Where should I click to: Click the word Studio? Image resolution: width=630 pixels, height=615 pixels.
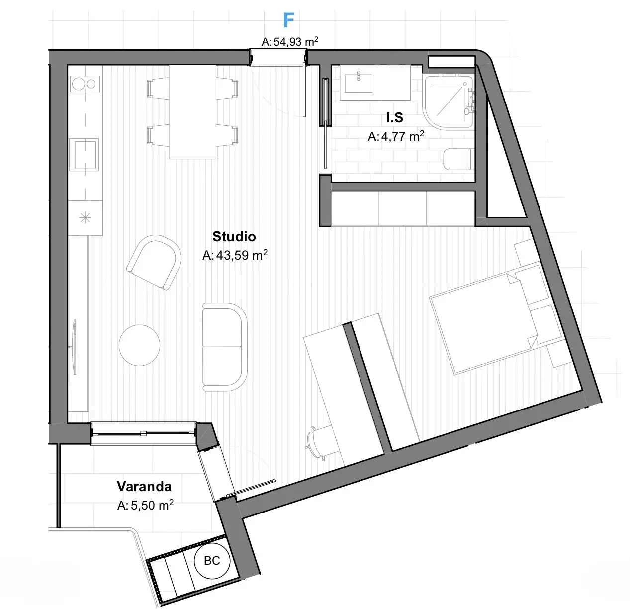pos(234,236)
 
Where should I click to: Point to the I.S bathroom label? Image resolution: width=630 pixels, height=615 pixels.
pos(395,118)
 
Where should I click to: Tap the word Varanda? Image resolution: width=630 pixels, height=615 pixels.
pos(144,486)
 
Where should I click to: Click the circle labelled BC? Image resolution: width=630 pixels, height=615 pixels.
pos(212,561)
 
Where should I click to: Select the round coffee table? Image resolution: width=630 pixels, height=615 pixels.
pos(139,345)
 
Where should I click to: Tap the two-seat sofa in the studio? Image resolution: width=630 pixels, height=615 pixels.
pos(224,347)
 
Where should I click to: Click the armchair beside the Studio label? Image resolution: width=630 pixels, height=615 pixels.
pos(154,262)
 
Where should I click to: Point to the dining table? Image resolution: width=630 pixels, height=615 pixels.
pos(192,112)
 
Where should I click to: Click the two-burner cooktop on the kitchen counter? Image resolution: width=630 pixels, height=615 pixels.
pos(85,84)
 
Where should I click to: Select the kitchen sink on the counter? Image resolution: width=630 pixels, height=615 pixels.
pos(85,154)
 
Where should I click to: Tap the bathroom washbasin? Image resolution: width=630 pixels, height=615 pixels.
pos(359,83)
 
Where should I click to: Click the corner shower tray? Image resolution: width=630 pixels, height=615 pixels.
pos(449,101)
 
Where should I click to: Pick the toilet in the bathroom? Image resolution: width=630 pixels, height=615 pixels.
pos(458,159)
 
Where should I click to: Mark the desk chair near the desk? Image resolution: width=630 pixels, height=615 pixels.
pos(317,443)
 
